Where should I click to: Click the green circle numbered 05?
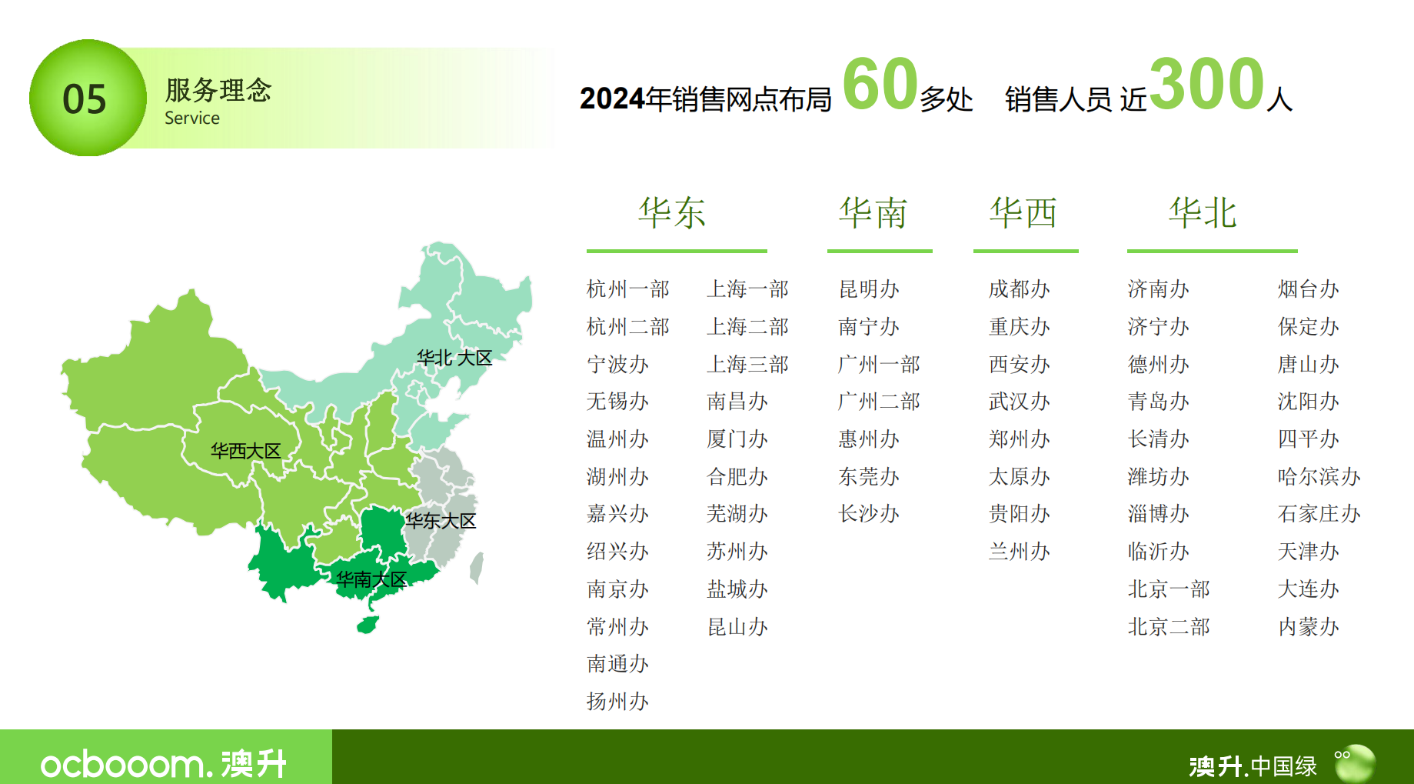pyautogui.click(x=87, y=98)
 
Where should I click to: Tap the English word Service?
pyautogui.click(x=192, y=118)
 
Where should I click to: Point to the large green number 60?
pyautogui.click(x=880, y=85)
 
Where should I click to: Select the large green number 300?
pyautogui.click(x=1206, y=85)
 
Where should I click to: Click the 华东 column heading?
pyautogui.click(x=672, y=213)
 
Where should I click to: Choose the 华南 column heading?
pyautogui.click(x=873, y=213)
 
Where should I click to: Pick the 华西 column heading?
pyautogui.click(x=1023, y=213)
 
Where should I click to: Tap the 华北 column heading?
pyautogui.click(x=1203, y=213)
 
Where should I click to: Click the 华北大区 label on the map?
pyautogui.click(x=454, y=358)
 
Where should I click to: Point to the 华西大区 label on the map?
pyautogui.click(x=245, y=451)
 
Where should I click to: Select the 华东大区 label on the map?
pyautogui.click(x=441, y=521)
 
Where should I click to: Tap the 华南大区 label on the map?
pyautogui.click(x=371, y=579)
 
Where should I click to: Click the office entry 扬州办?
pyautogui.click(x=617, y=702)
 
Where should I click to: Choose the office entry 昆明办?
pyautogui.click(x=869, y=289)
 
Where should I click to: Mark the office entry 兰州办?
pyautogui.click(x=1020, y=552)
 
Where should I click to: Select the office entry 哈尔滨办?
pyautogui.click(x=1319, y=477)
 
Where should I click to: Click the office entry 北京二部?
pyautogui.click(x=1169, y=627)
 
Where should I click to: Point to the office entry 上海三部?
pyautogui.click(x=747, y=365)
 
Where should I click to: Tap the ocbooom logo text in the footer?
pyautogui.click(x=123, y=765)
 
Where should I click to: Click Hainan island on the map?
pyautogui.click(x=368, y=624)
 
